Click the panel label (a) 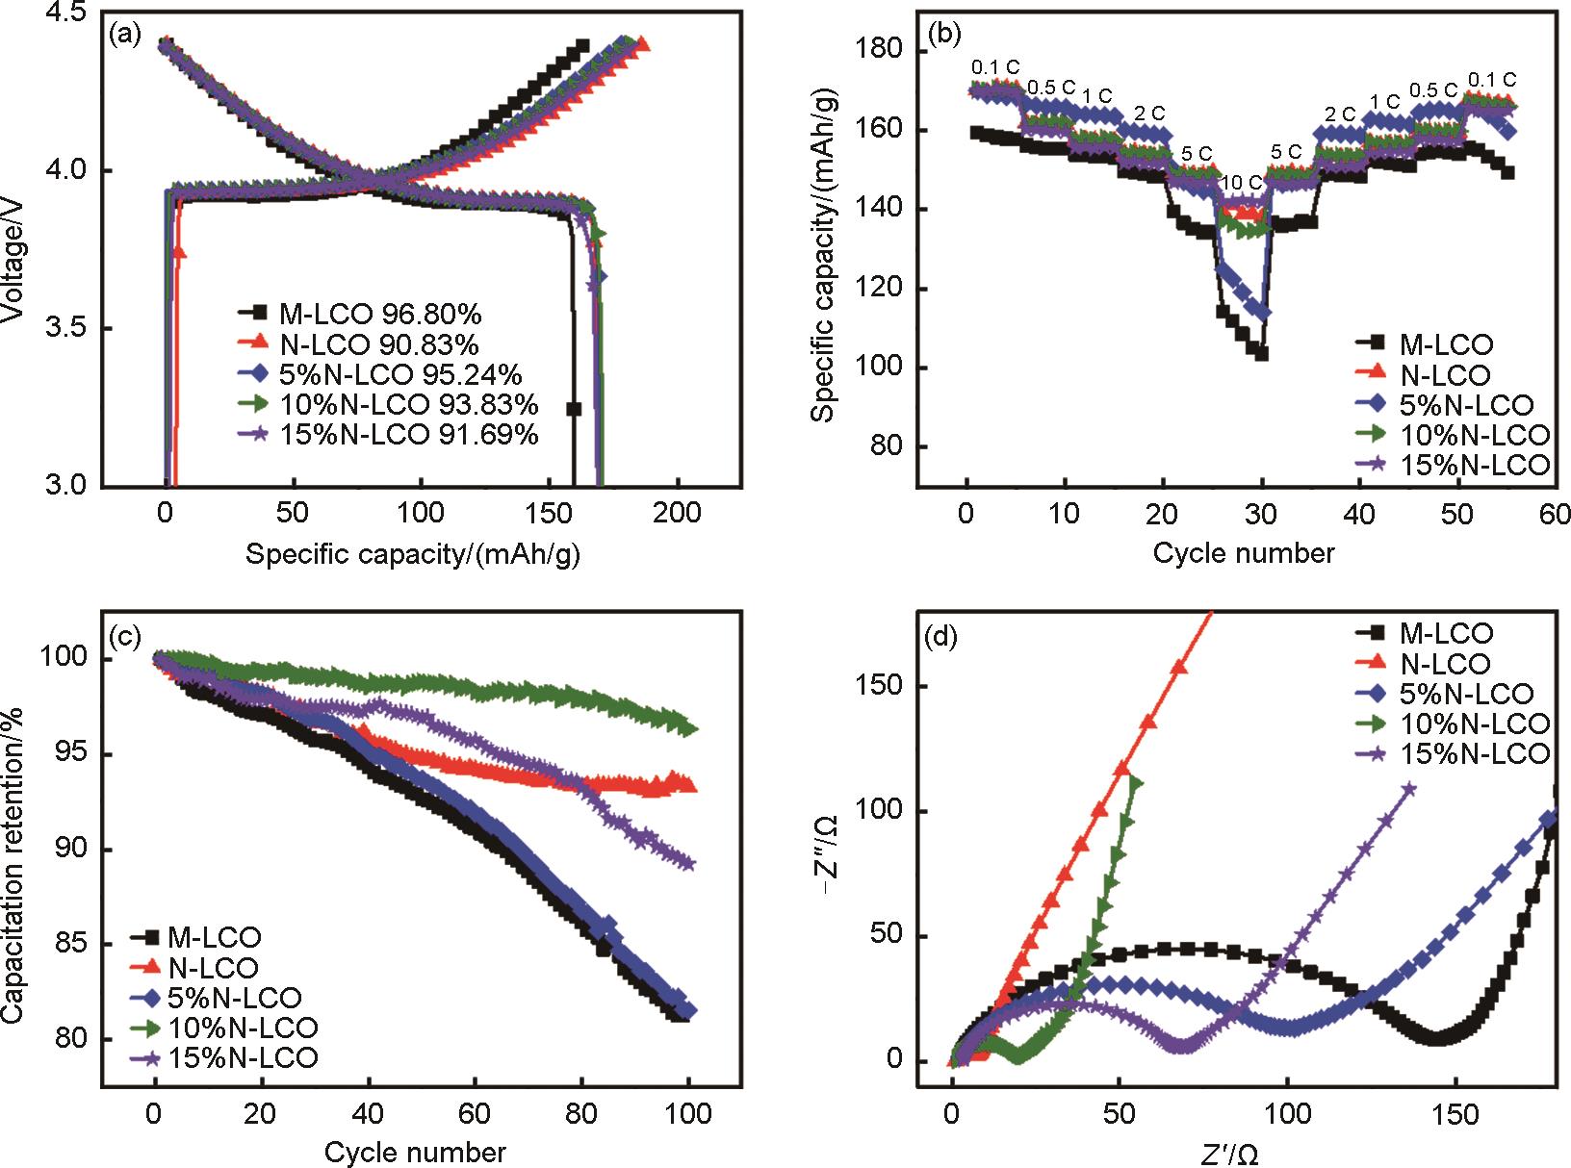126,37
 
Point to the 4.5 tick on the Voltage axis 65,13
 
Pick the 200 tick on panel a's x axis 677,512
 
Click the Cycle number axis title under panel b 1244,553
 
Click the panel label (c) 126,636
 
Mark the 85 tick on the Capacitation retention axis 75,945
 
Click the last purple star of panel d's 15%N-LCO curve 1410,789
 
